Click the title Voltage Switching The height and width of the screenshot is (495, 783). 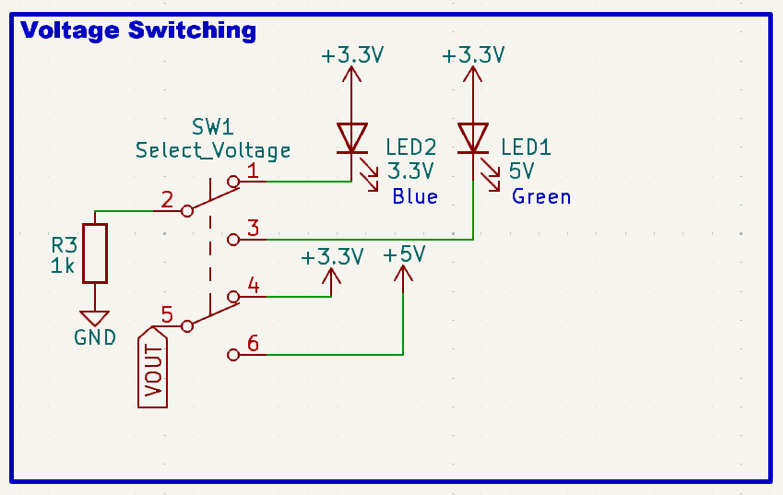[x=138, y=30]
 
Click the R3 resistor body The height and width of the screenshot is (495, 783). [x=95, y=253]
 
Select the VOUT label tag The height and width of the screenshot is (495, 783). [x=153, y=368]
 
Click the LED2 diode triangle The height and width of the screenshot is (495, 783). [x=351, y=137]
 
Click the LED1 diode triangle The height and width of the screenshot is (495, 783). [x=473, y=137]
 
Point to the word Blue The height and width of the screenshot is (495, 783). [x=414, y=196]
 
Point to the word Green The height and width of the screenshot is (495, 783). [x=541, y=196]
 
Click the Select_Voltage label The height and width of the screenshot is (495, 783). [x=213, y=150]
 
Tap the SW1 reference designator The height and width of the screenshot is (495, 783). [x=213, y=126]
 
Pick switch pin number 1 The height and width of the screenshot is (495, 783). [x=253, y=171]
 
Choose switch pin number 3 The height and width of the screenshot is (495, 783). [x=253, y=229]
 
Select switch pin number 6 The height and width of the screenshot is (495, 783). [x=253, y=344]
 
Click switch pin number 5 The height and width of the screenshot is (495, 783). [x=167, y=314]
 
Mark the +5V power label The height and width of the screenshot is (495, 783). [x=404, y=254]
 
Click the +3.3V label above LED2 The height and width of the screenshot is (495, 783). [x=351, y=55]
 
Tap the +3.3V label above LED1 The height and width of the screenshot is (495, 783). [x=473, y=55]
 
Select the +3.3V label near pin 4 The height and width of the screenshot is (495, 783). [x=332, y=256]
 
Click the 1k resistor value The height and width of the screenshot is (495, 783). [x=63, y=266]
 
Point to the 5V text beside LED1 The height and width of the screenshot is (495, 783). [x=521, y=171]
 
